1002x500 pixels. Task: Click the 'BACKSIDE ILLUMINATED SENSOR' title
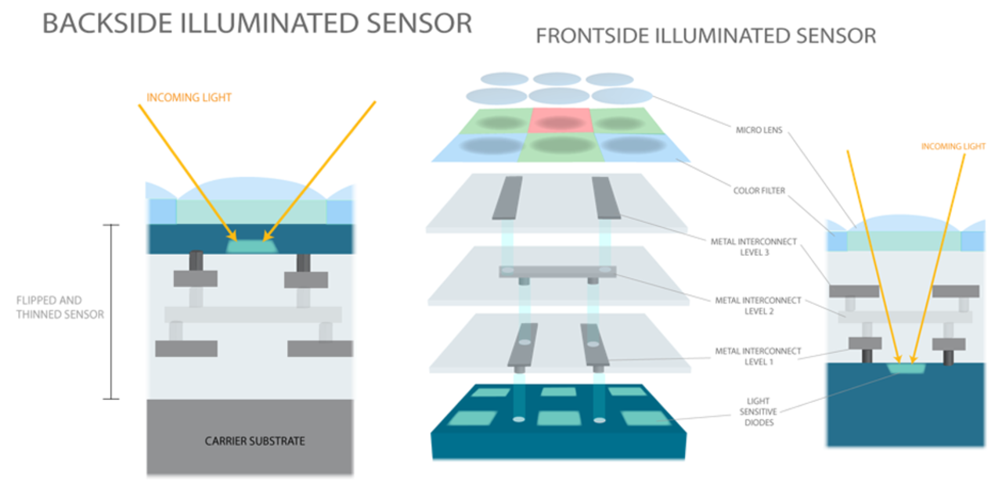(x=257, y=23)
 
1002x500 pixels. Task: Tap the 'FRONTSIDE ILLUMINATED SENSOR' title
(x=705, y=36)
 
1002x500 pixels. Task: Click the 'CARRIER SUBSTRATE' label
(x=255, y=441)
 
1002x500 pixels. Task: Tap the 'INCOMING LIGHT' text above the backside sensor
(x=189, y=98)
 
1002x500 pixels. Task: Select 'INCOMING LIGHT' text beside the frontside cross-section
(x=953, y=146)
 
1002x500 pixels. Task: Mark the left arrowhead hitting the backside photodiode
(x=232, y=235)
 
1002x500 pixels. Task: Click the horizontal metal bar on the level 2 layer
(x=557, y=272)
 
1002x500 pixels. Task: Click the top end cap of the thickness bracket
(x=111, y=225)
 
